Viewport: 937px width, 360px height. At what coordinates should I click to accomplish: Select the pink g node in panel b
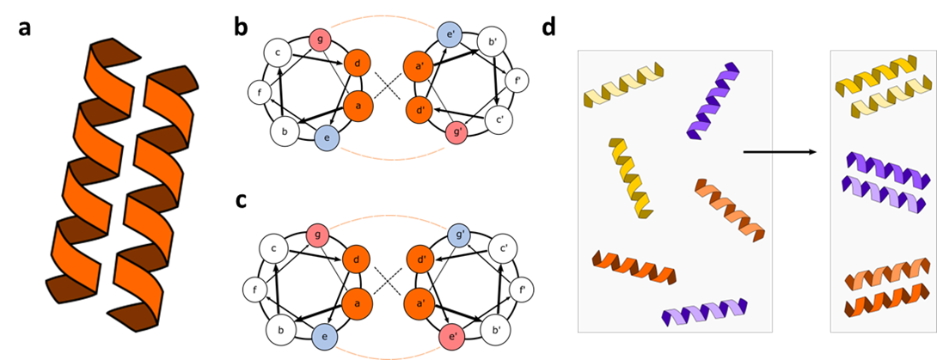pos(321,40)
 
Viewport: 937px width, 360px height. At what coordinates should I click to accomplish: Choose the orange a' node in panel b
pos(419,65)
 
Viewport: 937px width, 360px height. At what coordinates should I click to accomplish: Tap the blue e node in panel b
pos(327,137)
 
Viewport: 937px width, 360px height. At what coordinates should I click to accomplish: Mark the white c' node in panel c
pos(500,247)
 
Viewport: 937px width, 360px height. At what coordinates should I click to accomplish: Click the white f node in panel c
pos(255,290)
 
